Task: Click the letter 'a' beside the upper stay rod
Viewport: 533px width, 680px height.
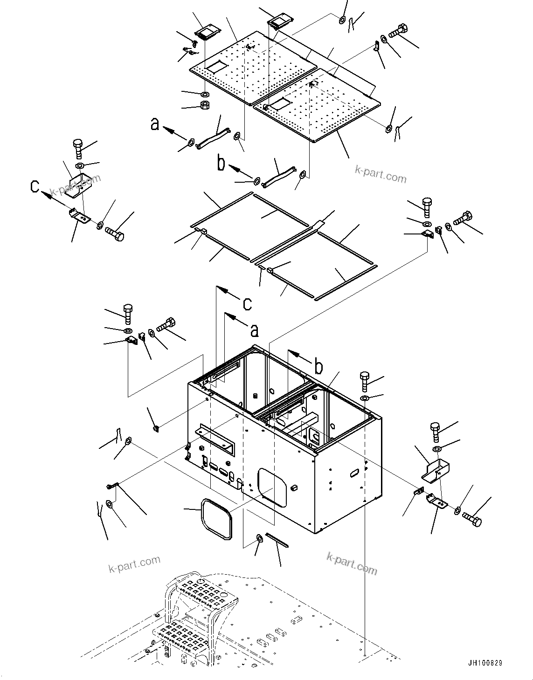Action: [x=155, y=124]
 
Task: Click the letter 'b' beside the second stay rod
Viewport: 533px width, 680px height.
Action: [x=222, y=164]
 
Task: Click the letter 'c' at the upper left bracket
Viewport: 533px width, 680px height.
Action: [x=35, y=186]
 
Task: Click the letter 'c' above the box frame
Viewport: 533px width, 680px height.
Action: [x=248, y=303]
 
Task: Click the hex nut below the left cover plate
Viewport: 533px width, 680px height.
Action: [x=204, y=105]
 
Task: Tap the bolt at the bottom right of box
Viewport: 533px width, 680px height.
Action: [x=472, y=521]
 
